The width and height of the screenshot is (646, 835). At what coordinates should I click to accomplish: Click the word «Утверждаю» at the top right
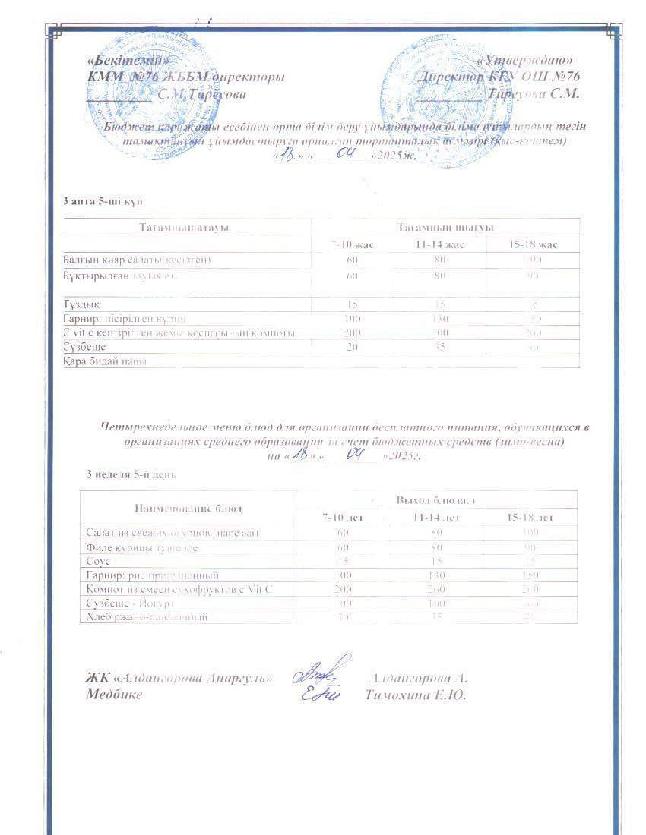click(530, 60)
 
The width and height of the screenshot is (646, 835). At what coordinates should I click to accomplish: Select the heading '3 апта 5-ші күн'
click(102, 201)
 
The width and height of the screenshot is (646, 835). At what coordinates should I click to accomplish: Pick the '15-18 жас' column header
click(533, 244)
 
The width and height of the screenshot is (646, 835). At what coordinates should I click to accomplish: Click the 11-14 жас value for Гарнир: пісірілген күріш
click(440, 318)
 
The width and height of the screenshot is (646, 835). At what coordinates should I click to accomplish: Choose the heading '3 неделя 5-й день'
click(131, 474)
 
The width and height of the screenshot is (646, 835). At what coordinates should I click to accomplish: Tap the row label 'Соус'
click(98, 561)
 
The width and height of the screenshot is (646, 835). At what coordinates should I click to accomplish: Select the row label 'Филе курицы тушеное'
click(141, 547)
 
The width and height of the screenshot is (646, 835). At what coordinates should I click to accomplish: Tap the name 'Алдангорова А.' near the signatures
click(417, 679)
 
